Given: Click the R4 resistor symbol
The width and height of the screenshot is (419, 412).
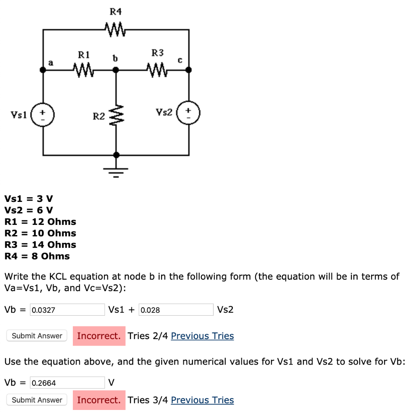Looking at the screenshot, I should [116, 29].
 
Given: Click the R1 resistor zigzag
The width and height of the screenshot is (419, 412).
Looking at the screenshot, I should [84, 70].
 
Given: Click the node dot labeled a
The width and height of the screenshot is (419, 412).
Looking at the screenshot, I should [43, 70].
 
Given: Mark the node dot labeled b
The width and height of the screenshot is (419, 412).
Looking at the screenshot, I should [116, 70].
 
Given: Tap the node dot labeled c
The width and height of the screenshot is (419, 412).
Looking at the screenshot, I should [189, 70].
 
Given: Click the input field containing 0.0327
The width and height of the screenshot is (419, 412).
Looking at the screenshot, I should [68, 310].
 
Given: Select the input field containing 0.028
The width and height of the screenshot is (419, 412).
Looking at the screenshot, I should [176, 310].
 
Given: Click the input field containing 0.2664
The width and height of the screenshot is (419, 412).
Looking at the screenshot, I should [68, 383].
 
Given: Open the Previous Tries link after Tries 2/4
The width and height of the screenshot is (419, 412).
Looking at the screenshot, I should [202, 336].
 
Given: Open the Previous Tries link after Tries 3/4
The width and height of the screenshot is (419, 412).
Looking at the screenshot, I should [202, 400].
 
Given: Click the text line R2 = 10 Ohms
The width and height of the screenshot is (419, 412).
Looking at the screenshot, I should [40, 233].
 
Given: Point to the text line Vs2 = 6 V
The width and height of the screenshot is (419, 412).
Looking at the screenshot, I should [29, 210].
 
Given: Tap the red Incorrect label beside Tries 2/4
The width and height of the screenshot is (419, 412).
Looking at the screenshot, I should [99, 336].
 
